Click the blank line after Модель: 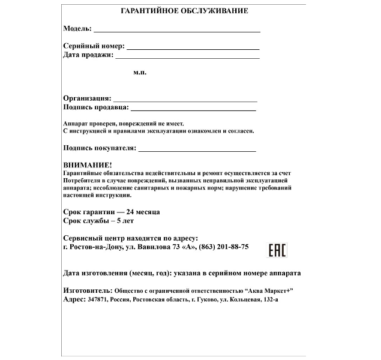pyautogui.click(x=176, y=30)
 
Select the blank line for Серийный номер pyautogui.click(x=193, y=47)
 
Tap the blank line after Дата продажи pyautogui.click(x=187, y=57)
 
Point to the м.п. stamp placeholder pyautogui.click(x=140, y=72)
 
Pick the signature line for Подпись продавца pyautogui.click(x=193, y=109)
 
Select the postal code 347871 pyautogui.click(x=96, y=299)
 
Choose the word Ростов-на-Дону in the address pyautogui.click(x=95, y=247)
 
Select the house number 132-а pyautogui.click(x=268, y=299)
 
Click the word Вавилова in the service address pyautogui.click(x=154, y=247)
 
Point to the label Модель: pyautogui.click(x=77, y=29)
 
